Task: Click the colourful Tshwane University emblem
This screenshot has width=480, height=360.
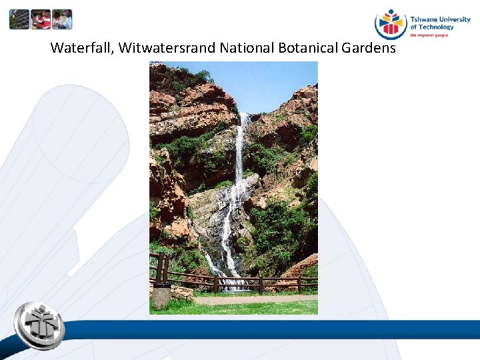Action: [391, 24]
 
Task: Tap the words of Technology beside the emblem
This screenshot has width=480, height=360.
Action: [432, 27]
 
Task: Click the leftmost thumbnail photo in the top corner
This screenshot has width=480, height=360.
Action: [19, 19]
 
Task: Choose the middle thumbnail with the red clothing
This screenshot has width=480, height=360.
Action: [41, 19]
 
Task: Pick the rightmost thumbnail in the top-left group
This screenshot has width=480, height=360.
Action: [61, 19]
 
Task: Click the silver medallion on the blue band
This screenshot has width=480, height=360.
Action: [39, 326]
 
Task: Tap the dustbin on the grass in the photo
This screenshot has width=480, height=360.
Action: [161, 295]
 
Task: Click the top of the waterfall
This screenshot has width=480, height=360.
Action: [243, 119]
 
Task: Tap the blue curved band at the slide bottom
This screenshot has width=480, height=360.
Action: [280, 330]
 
